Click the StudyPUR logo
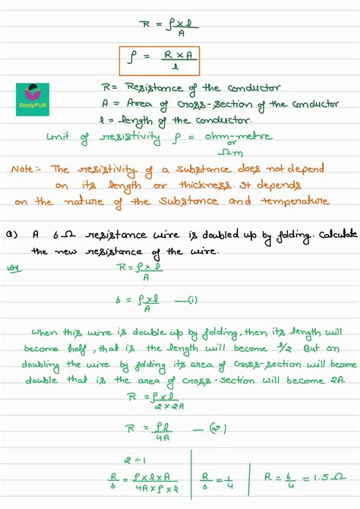pyautogui.click(x=33, y=100)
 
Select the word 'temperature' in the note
pyautogui.click(x=295, y=201)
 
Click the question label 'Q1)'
pyautogui.click(x=11, y=236)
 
